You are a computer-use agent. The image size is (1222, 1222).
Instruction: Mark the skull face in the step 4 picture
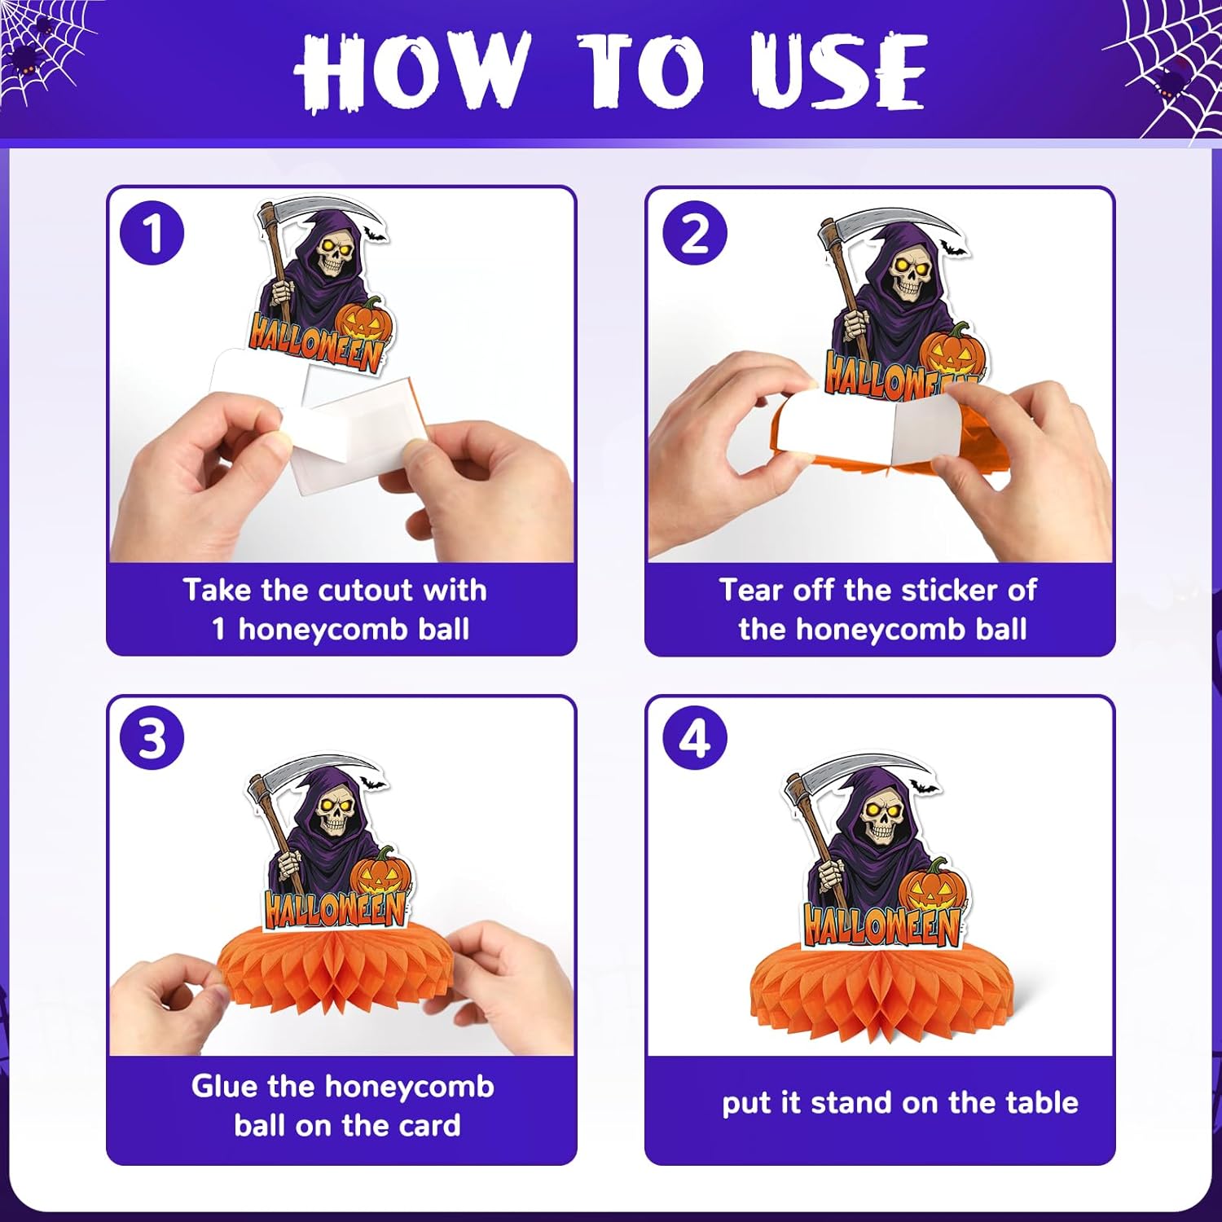pos(881,820)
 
